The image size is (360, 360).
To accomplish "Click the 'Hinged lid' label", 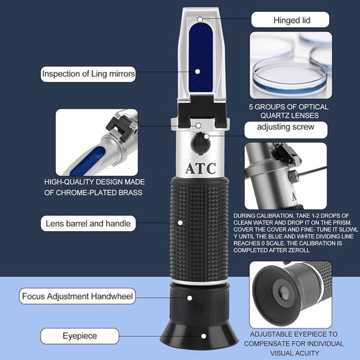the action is tap(290, 20).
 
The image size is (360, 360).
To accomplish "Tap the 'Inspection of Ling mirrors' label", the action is tap(88, 74).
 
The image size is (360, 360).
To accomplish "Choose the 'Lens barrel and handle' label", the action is tap(88, 223).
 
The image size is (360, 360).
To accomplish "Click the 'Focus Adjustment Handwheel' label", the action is tap(77, 296).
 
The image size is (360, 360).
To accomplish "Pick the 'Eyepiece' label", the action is tap(80, 336).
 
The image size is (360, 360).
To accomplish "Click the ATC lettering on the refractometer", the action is tap(200, 168).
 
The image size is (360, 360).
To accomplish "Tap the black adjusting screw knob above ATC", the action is tap(200, 144).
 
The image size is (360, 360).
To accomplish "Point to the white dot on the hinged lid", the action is tap(200, 19).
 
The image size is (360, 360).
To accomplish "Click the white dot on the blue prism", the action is tap(197, 71).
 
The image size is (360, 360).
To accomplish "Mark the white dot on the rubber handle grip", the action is tap(180, 223).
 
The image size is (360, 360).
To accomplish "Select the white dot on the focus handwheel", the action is tap(189, 298).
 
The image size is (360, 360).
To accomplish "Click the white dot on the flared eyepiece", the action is tap(204, 336).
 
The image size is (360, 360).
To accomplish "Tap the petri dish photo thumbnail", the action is tap(291, 65).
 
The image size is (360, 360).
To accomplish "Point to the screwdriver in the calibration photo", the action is tap(312, 171).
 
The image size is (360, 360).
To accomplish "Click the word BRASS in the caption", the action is tap(130, 192).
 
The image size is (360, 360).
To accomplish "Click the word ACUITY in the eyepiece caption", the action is tap(306, 353).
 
